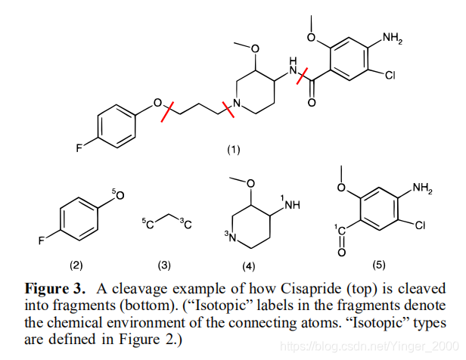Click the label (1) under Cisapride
pos(233,150)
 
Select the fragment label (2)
pos(76,265)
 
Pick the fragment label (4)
pos(248,266)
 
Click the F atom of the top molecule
pos(79,148)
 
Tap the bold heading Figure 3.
pos(55,289)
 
